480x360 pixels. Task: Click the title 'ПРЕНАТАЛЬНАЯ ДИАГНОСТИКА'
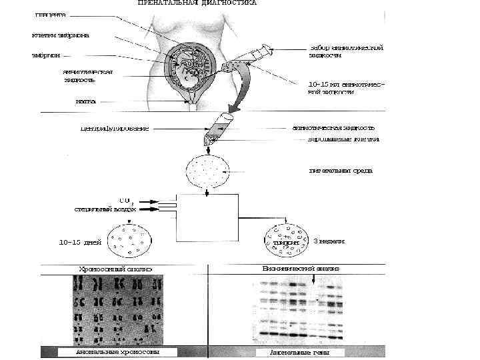coord(197,3)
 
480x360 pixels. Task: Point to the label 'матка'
coord(85,102)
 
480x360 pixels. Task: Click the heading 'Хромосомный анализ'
coord(116,269)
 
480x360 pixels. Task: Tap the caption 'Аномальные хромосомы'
coord(108,351)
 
